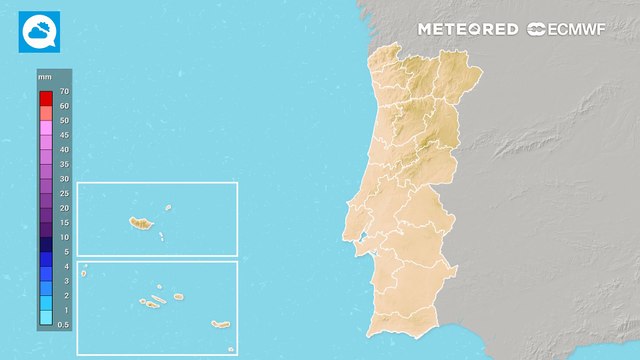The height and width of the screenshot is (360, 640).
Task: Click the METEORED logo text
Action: point(468,29)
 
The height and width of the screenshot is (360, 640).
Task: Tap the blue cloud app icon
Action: point(39,31)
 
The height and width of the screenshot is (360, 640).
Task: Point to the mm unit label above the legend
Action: point(45,77)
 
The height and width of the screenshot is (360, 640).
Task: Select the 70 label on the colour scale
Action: point(64,91)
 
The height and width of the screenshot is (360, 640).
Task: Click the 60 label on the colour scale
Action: point(64,105)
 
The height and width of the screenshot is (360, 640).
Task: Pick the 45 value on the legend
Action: point(64,135)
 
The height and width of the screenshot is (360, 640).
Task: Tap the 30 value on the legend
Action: point(64,179)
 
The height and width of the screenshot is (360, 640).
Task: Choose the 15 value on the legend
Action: point(64,223)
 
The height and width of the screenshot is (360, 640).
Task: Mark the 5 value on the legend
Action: point(64,252)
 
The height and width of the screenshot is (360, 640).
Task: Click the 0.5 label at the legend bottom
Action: point(64,325)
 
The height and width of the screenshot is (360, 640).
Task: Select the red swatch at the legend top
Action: point(46,98)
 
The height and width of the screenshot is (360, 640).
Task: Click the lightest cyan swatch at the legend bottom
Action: point(46,318)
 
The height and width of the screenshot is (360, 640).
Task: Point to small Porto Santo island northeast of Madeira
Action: point(168,209)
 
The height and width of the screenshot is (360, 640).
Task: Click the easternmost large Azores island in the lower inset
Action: point(221,323)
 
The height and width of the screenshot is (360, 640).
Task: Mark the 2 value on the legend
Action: point(64,296)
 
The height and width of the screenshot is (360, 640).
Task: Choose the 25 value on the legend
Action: point(64,193)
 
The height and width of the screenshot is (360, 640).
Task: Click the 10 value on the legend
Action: point(64,237)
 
